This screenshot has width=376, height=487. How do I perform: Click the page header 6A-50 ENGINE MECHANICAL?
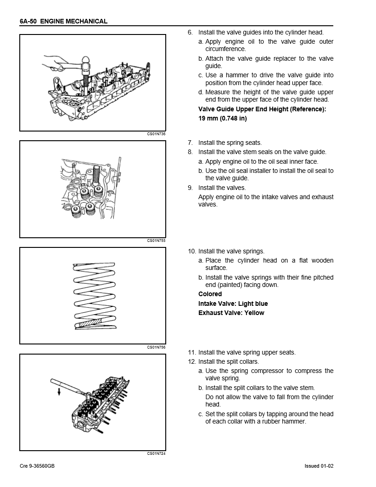(x=64, y=21)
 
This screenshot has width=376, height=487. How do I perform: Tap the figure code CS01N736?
(x=156, y=134)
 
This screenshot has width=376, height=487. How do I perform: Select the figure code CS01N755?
(x=156, y=240)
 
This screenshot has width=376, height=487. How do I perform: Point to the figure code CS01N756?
(x=156, y=347)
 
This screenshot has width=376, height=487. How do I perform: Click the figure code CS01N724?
(x=156, y=454)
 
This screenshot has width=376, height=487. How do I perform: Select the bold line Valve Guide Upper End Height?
(x=262, y=109)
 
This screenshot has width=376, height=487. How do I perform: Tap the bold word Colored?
(x=210, y=294)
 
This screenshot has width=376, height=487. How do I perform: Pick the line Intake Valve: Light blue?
(x=233, y=304)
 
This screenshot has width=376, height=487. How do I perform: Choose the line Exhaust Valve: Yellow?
(x=231, y=313)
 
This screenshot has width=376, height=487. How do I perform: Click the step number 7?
(x=190, y=143)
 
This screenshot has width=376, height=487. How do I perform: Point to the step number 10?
(x=191, y=251)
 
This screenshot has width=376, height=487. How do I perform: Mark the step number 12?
(x=191, y=361)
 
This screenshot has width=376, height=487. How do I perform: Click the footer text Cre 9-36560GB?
(x=37, y=466)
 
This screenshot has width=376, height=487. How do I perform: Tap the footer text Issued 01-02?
(x=319, y=466)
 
